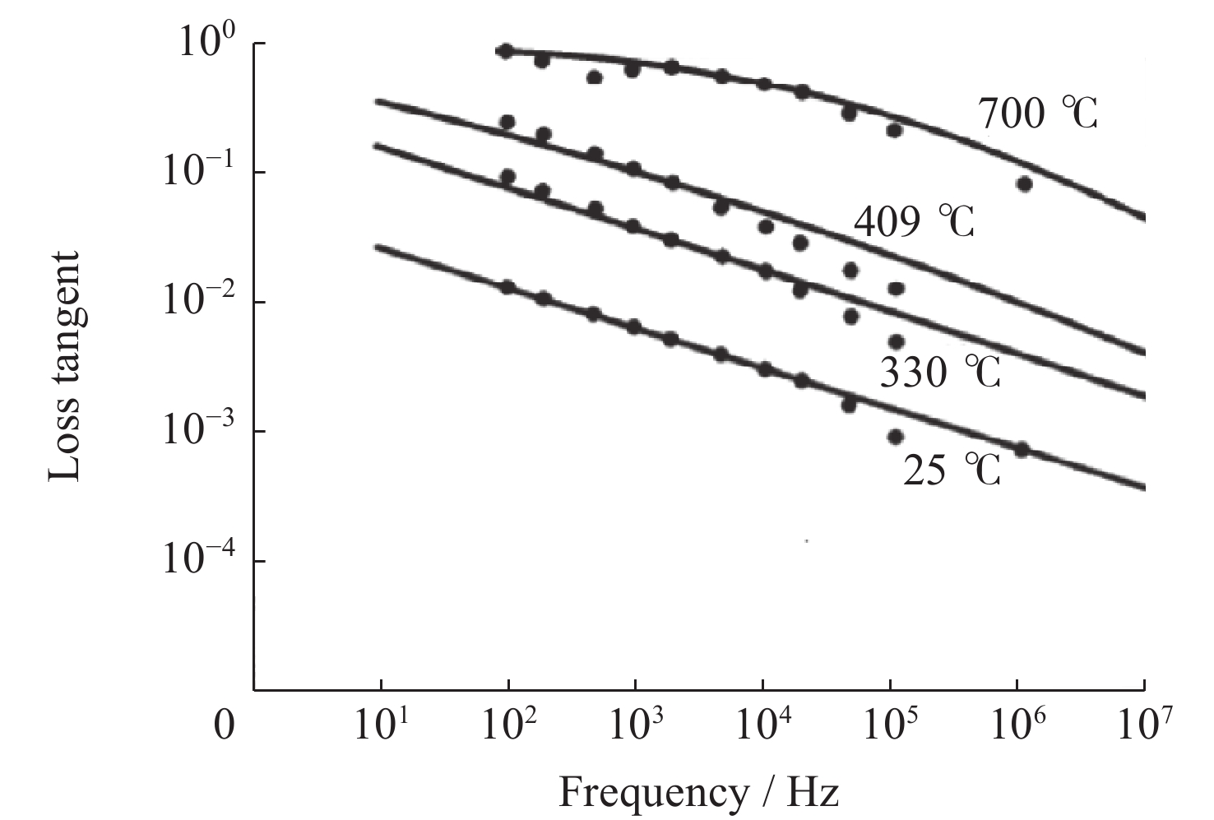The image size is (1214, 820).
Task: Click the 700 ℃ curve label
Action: click(x=1038, y=114)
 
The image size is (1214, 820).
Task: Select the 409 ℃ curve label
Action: click(x=914, y=222)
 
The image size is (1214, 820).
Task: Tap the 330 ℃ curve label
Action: click(x=940, y=373)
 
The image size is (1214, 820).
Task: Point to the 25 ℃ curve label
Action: click(x=952, y=471)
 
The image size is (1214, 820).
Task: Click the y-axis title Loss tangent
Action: click(x=65, y=367)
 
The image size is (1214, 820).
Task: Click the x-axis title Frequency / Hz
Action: click(x=699, y=794)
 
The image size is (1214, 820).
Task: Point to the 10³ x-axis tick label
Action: click(x=636, y=724)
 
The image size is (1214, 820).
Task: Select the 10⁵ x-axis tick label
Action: click(x=891, y=724)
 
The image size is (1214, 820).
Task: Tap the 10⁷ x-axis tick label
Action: click(x=1144, y=724)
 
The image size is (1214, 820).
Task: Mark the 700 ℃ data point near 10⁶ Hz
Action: click(x=1024, y=184)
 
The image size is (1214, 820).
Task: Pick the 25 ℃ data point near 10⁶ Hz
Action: click(x=1022, y=449)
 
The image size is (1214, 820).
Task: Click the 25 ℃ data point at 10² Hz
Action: click(x=508, y=287)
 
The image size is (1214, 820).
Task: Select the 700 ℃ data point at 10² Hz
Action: click(x=506, y=51)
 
